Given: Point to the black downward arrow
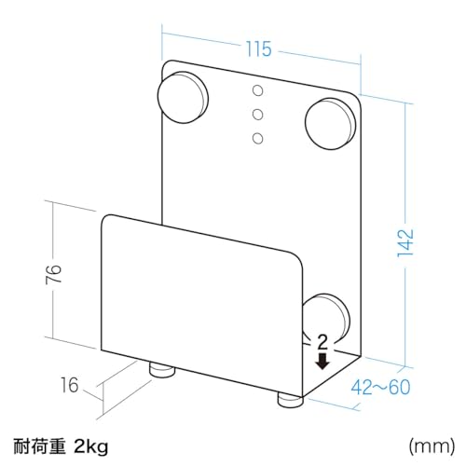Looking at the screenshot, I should coord(322,362).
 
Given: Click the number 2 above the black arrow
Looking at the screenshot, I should coord(322,342).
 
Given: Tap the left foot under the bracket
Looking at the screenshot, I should coord(162,370).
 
